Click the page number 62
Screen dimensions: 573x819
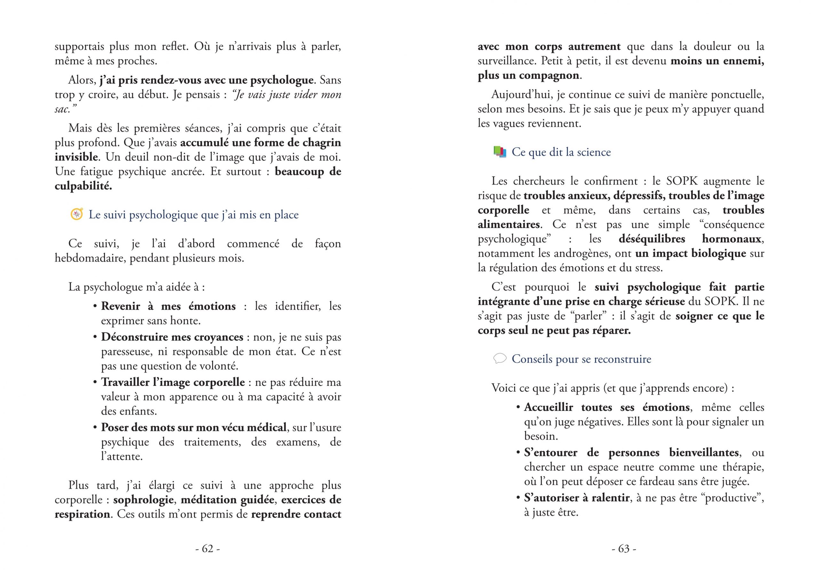click(x=208, y=548)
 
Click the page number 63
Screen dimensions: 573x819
click(x=624, y=548)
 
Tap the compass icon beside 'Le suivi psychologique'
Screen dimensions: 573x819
click(x=77, y=214)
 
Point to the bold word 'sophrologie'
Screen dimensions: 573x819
click(x=143, y=500)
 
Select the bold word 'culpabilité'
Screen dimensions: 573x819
click(x=83, y=186)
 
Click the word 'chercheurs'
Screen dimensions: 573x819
click(x=540, y=181)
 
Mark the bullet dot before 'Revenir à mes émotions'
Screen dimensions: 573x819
click(x=95, y=306)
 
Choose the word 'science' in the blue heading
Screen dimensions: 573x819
click(x=593, y=152)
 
